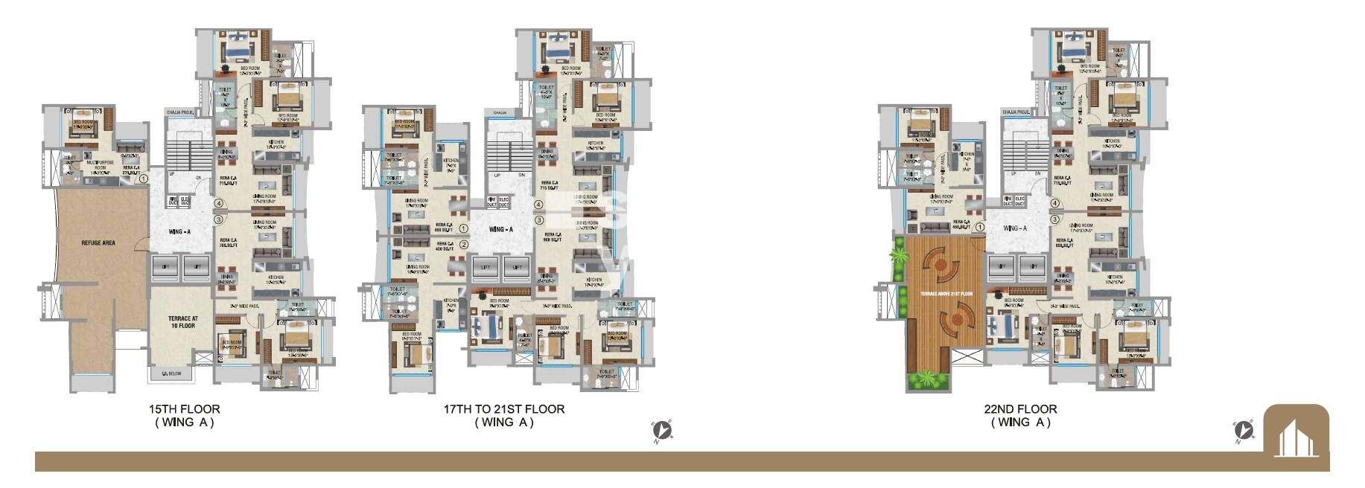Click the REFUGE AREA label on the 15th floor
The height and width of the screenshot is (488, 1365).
[98, 243]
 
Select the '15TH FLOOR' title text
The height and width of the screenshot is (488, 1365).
[184, 409]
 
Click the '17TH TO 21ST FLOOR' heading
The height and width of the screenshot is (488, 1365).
[504, 409]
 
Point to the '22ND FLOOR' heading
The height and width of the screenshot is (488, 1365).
[1020, 409]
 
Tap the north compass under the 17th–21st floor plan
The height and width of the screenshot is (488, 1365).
[662, 430]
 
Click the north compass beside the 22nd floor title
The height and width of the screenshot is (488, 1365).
[1243, 430]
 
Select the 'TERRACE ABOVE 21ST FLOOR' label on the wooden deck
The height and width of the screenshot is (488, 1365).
[946, 294]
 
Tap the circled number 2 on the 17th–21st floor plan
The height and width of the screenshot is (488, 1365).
[464, 244]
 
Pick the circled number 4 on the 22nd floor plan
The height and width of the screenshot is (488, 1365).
[1054, 203]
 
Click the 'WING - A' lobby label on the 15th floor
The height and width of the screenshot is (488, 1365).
[179, 231]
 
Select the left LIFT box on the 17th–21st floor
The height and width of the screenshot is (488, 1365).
[486, 266]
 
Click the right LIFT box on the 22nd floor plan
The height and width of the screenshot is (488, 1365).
[1033, 266]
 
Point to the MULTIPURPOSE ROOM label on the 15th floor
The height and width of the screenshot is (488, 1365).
[100, 164]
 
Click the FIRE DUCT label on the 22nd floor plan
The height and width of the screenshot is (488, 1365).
[1007, 201]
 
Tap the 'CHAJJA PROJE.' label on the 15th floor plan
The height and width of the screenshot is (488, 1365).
[180, 112]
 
